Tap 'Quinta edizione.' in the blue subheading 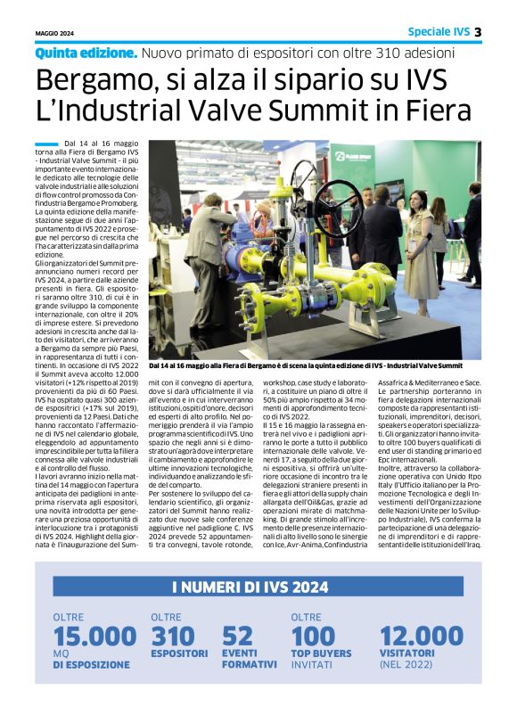coord(86,53)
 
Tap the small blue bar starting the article coord(45,143)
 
